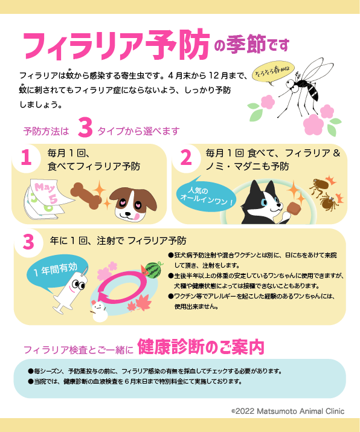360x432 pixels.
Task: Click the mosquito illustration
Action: pyautogui.click(x=305, y=88)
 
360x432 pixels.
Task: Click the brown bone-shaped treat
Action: pyautogui.click(x=86, y=195)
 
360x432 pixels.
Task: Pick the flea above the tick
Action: pyautogui.click(x=320, y=185)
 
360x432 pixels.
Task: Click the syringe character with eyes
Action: pyautogui.click(x=72, y=291)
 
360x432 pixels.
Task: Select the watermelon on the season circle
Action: pyautogui.click(x=153, y=269)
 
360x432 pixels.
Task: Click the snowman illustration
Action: pyautogui.click(x=100, y=311)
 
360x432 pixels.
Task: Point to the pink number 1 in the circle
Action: pyautogui.click(x=26, y=157)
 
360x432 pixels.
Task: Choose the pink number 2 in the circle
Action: pyautogui.click(x=186, y=157)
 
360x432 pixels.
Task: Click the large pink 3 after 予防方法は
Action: pyautogui.click(x=85, y=127)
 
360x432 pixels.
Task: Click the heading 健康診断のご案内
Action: pyautogui.click(x=201, y=347)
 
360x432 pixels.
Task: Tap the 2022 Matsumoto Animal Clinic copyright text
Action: pyautogui.click(x=288, y=411)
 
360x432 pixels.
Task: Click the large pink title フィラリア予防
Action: pyautogui.click(x=116, y=45)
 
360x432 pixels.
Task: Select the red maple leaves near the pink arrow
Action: pyautogui.click(x=140, y=303)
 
